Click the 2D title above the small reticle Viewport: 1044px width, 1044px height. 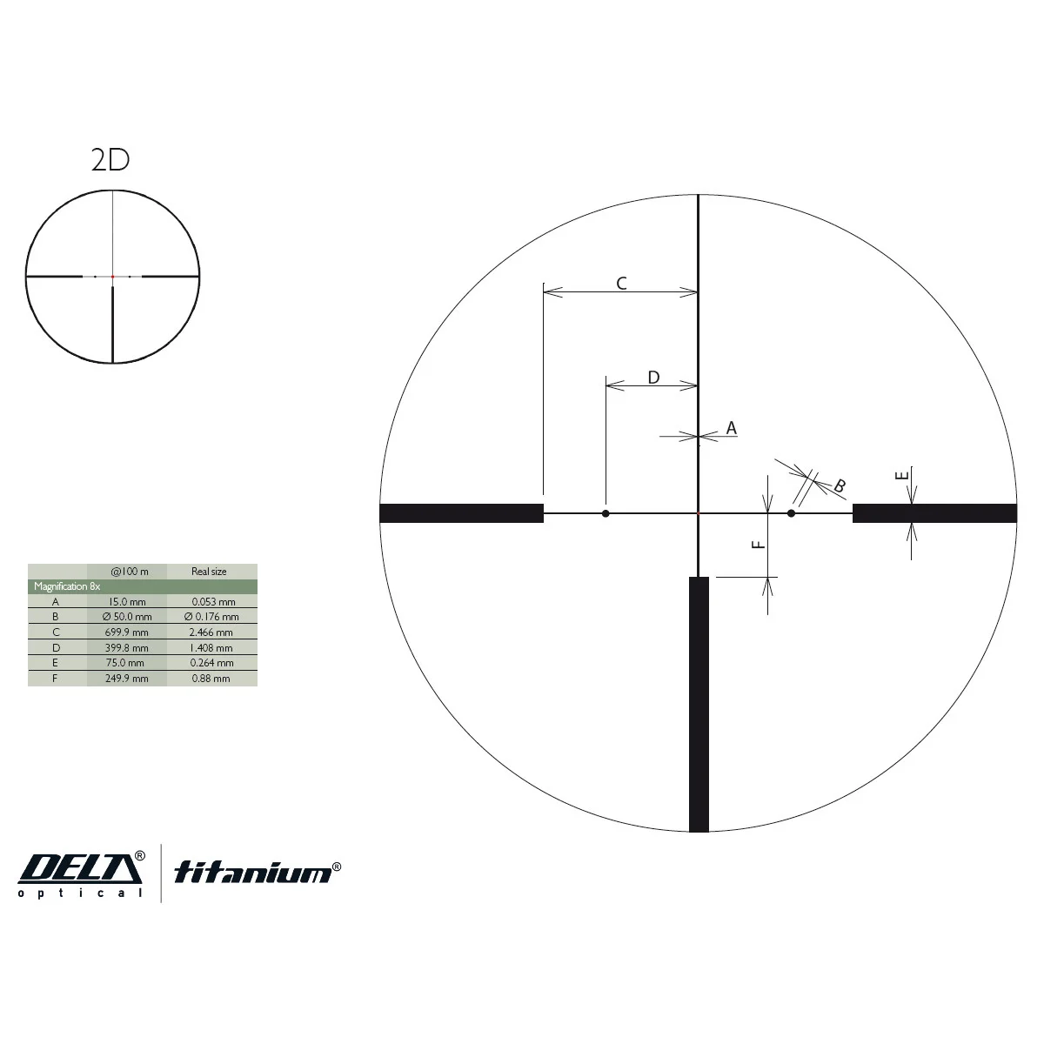(110, 160)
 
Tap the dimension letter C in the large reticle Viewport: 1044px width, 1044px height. (621, 284)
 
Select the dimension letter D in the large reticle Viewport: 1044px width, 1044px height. (654, 377)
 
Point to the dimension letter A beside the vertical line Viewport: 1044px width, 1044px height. (732, 428)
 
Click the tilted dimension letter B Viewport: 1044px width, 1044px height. (840, 485)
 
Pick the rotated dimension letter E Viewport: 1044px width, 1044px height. (901, 476)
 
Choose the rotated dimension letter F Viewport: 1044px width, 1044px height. (759, 545)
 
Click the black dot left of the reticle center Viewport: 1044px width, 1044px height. (606, 513)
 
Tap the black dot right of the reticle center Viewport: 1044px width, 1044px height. (791, 513)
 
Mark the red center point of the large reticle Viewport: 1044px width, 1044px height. (699, 512)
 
